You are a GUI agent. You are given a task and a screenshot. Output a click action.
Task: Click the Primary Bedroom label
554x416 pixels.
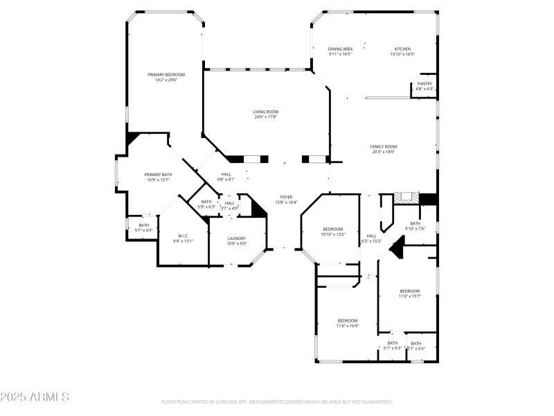point(166,77)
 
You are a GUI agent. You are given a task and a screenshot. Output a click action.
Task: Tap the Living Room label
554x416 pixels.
point(265,114)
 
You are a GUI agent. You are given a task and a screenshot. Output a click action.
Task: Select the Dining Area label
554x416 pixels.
point(340,51)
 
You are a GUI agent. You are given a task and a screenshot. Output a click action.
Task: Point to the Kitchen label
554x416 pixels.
point(402,51)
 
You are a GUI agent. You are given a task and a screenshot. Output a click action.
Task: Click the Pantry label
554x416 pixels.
point(425,86)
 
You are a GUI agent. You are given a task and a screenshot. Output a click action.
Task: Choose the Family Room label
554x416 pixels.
point(383,149)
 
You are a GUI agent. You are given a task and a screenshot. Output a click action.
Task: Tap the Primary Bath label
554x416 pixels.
point(158,177)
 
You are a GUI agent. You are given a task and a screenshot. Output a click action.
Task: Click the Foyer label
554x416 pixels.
point(286,200)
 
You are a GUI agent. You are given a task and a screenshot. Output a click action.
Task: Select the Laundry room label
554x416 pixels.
point(237,241)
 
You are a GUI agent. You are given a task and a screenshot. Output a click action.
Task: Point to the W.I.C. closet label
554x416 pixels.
point(183,238)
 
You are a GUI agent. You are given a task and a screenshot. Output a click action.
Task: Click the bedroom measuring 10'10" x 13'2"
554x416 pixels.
point(332,232)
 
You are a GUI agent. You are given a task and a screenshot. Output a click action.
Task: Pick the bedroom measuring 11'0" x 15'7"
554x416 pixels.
point(409,293)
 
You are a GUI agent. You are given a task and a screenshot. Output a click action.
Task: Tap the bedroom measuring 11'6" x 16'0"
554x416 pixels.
point(348,322)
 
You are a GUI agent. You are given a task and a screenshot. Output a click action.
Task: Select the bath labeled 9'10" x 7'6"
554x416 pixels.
point(415,225)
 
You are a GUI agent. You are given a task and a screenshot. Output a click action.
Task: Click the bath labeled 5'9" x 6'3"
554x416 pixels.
point(206,204)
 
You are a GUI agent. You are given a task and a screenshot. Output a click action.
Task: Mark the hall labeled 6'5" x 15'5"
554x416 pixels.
point(372,238)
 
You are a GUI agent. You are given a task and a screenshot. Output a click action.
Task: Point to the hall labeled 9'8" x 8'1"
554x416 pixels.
point(226,176)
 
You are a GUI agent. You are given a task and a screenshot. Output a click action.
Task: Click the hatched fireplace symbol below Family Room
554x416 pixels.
point(406,198)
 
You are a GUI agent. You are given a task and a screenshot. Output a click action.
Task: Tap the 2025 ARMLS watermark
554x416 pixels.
point(35,397)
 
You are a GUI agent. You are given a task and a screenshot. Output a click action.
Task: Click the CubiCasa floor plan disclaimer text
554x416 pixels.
point(277,401)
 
